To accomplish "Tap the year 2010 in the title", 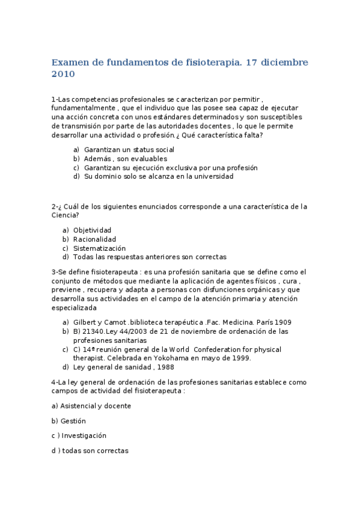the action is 63,75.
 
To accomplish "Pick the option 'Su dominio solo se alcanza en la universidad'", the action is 159,177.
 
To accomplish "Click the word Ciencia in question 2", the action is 65,215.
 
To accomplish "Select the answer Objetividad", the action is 92,230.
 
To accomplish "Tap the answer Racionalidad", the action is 94,239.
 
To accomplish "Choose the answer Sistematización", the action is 99,248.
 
